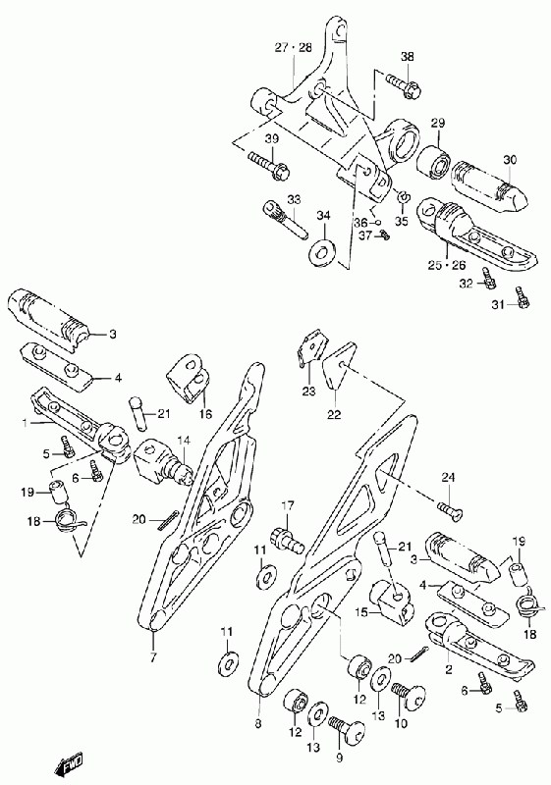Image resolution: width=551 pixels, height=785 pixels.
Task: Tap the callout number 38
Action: (x=408, y=57)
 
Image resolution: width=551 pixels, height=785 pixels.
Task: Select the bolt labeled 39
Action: (x=267, y=166)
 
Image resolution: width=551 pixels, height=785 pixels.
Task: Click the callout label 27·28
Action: (x=293, y=47)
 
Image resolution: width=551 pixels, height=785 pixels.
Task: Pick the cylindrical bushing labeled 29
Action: (x=435, y=161)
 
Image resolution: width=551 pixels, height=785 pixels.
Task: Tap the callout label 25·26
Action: (x=446, y=265)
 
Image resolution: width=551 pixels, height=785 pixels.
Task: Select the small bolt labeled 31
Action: (x=521, y=297)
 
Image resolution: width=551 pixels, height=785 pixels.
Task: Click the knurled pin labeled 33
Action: (x=284, y=220)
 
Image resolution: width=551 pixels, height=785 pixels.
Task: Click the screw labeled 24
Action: (x=449, y=509)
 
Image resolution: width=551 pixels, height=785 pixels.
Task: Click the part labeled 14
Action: (x=163, y=461)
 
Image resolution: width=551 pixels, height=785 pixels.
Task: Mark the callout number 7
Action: (x=153, y=656)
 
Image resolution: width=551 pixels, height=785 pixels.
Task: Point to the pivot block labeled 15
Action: (x=391, y=603)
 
